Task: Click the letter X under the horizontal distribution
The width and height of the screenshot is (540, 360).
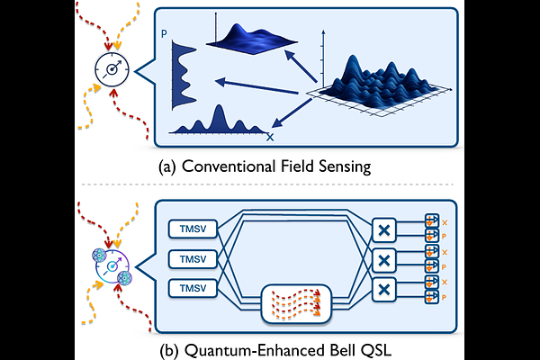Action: [x=270, y=137]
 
